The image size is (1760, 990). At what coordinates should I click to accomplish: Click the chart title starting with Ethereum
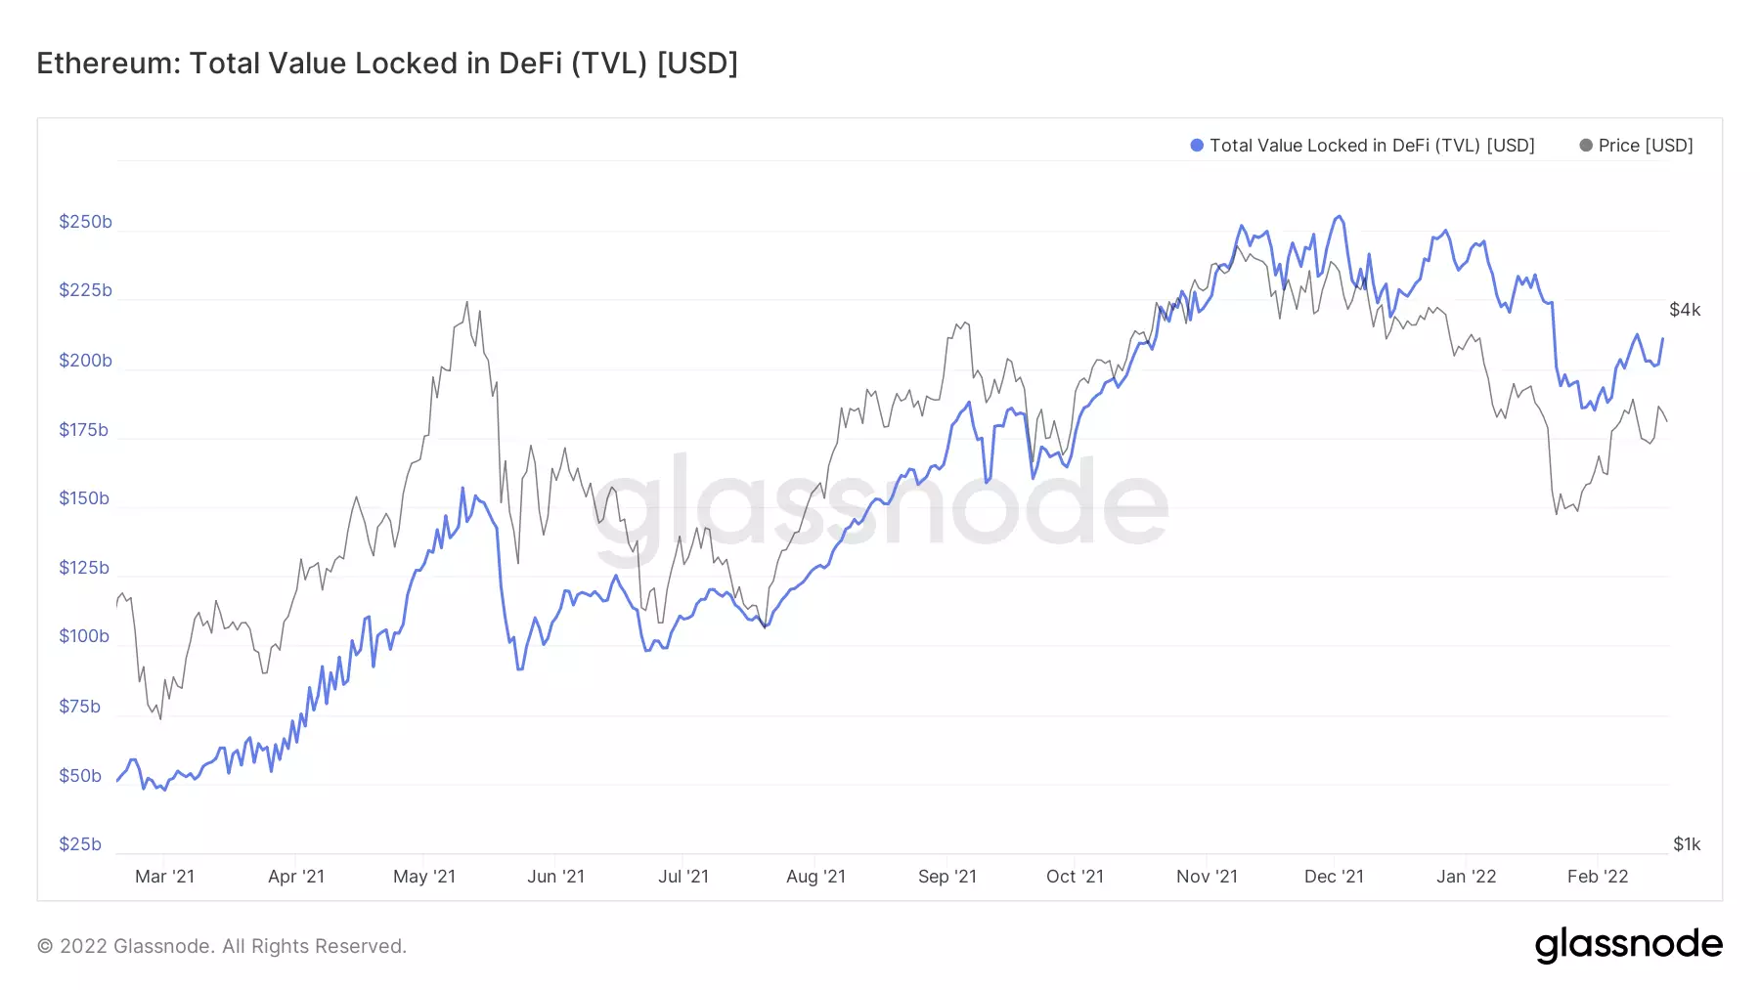pos(387,64)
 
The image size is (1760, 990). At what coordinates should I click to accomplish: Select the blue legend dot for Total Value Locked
pos(1196,146)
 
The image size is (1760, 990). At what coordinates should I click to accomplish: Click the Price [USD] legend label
pos(1646,146)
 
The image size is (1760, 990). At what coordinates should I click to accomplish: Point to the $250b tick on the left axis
pos(85,222)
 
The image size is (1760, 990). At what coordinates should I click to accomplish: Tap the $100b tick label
pos(84,636)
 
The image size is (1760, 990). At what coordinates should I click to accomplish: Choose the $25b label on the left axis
pos(80,844)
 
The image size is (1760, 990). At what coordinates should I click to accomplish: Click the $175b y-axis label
pos(84,430)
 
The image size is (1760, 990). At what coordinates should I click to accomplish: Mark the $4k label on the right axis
pos(1685,310)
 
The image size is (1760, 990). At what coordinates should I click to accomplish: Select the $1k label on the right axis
pos(1687,844)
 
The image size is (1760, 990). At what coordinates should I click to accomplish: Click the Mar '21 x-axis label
pos(164,877)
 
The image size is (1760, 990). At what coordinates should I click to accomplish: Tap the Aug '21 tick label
pos(815,877)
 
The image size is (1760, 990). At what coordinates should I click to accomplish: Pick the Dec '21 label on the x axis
pos(1334,877)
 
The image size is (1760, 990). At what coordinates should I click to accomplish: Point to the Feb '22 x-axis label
pos(1598,877)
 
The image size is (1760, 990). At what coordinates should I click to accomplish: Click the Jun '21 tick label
pos(555,877)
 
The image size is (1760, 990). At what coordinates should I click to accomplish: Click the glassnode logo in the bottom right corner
pos(1628,945)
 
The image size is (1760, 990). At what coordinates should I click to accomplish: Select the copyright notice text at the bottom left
pos(222,946)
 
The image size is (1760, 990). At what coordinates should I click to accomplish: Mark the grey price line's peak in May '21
pos(466,302)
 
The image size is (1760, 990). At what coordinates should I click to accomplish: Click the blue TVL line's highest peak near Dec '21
pos(1339,217)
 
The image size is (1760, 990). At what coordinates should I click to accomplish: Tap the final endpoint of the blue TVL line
pos(1662,339)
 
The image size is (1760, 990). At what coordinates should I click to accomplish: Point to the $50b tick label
pos(80,776)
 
